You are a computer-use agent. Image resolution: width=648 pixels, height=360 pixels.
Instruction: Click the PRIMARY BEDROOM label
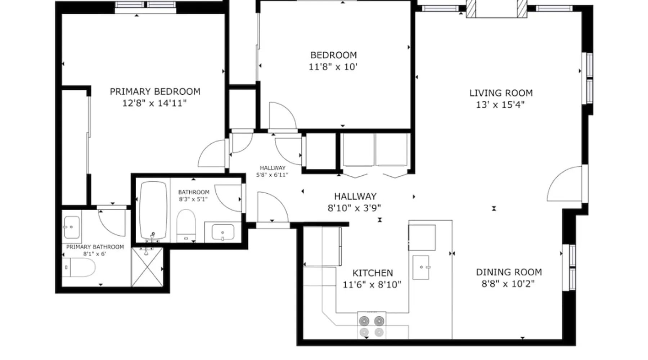(155, 91)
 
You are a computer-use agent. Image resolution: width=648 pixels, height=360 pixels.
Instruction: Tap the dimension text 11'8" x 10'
(333, 67)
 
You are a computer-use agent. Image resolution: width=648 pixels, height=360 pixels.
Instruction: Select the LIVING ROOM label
(501, 93)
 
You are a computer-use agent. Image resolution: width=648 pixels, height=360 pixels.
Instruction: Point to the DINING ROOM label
(509, 272)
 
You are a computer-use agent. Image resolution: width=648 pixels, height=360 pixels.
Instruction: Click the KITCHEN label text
(373, 273)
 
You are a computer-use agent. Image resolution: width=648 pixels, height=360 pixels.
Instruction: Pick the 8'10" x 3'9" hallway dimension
(354, 208)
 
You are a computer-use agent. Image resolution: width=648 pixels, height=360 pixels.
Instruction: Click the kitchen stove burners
(372, 326)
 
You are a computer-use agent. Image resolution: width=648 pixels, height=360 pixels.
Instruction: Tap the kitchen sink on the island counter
(421, 267)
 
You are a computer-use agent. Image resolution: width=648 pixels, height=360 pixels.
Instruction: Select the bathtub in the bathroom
(153, 211)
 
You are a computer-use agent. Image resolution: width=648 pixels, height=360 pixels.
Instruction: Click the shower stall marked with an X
(147, 267)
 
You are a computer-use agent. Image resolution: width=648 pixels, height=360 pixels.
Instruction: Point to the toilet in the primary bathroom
(79, 267)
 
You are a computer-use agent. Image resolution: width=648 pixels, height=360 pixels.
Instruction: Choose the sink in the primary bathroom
(72, 227)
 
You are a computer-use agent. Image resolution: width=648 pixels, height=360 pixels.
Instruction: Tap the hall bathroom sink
(223, 232)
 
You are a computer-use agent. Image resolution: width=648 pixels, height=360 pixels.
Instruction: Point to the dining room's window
(569, 267)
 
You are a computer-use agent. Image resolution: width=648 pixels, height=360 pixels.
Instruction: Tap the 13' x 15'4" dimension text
(500, 105)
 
